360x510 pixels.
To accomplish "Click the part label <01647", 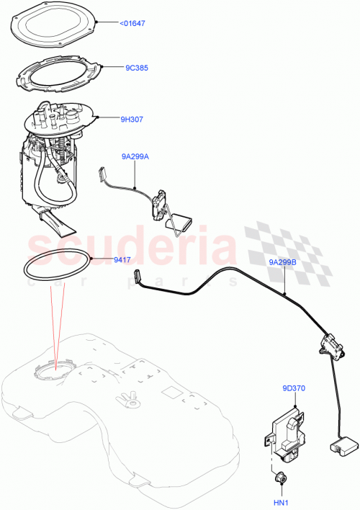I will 132,23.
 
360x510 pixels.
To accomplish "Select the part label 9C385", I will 136,68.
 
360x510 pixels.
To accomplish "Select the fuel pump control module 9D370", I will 289,433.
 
